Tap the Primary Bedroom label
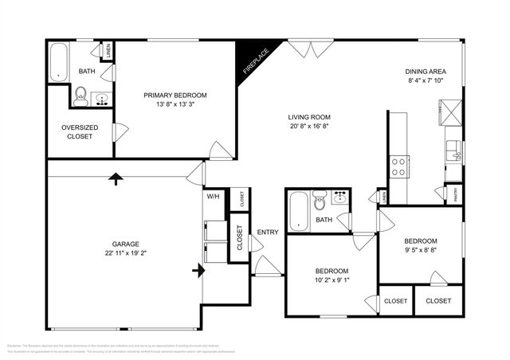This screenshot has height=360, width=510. [175, 95]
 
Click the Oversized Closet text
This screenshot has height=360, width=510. [77, 131]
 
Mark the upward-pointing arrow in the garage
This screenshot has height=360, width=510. [116, 178]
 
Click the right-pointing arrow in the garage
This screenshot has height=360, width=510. [196, 272]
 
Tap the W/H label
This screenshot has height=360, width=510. [213, 196]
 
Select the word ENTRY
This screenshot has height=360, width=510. [268, 233]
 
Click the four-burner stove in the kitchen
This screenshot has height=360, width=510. [398, 166]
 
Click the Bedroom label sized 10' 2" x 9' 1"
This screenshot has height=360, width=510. [331, 272]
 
